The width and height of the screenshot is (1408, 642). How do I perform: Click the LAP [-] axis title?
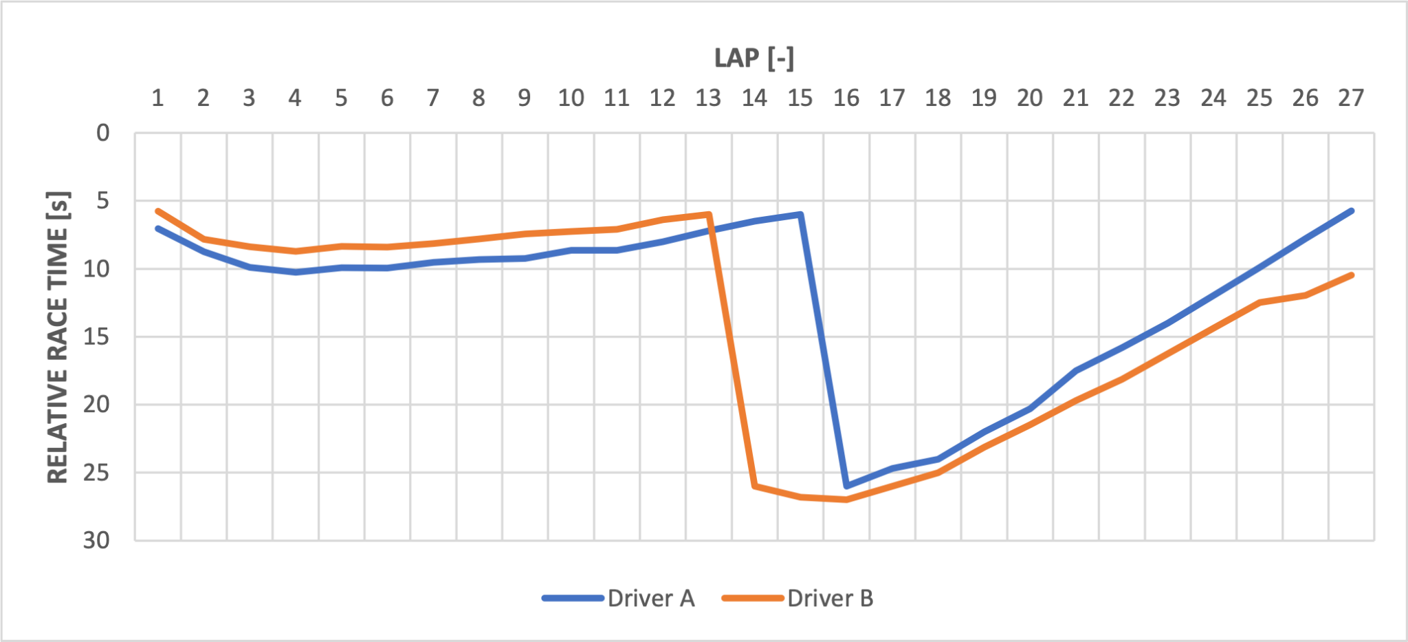click(754, 58)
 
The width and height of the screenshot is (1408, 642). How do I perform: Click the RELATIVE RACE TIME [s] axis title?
click(58, 336)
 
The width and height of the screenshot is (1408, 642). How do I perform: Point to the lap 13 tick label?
click(708, 98)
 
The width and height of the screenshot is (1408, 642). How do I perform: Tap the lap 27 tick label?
click(1351, 98)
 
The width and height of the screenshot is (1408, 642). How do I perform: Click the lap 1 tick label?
click(157, 98)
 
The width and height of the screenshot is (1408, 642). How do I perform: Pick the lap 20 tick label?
click(1029, 98)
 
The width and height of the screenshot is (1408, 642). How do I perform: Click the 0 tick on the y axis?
click(103, 133)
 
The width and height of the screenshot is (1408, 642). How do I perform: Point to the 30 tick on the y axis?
click(96, 541)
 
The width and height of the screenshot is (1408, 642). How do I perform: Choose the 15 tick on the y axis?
click(96, 336)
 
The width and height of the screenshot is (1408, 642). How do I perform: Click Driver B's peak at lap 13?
click(709, 214)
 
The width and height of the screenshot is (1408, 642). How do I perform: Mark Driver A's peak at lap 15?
click(800, 214)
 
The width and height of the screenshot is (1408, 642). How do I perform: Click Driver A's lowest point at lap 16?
click(846, 486)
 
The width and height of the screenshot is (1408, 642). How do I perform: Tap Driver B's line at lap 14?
click(755, 486)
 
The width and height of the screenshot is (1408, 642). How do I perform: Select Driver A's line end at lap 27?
click(1352, 211)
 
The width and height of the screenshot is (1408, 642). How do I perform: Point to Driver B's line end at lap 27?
click(1352, 275)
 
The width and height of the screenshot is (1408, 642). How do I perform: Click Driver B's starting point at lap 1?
click(157, 211)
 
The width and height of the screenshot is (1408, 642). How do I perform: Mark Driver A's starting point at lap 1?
click(157, 228)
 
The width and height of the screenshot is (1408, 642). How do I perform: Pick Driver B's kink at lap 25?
click(1259, 302)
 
